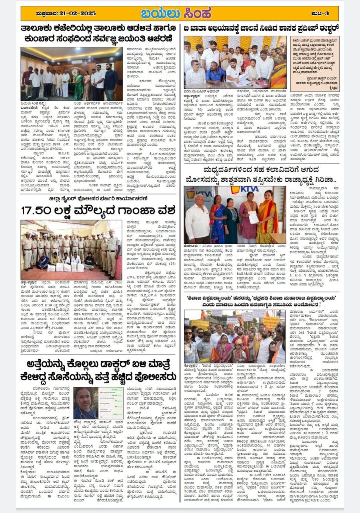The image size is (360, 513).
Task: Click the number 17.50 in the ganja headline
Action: [40, 210]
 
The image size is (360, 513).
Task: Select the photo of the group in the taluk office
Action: [72, 74]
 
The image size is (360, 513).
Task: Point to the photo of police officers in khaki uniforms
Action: [72, 249]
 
